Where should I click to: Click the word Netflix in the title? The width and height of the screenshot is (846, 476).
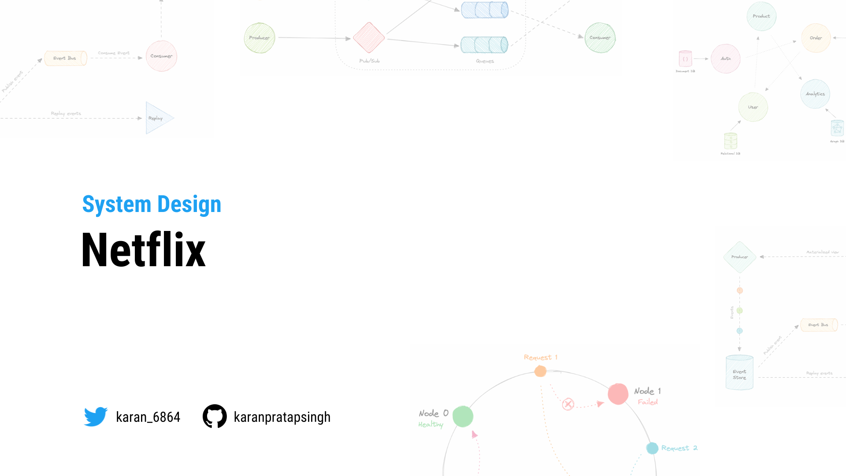[x=144, y=250]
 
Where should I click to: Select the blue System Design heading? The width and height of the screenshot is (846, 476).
[x=152, y=205]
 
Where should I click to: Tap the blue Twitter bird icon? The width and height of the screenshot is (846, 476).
[x=96, y=416]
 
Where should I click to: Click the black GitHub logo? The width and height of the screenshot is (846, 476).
[x=215, y=416]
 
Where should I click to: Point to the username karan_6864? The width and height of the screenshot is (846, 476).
[x=148, y=417]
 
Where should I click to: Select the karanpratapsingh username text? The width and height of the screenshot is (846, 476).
[x=282, y=417]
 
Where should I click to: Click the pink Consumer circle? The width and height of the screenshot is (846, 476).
[x=161, y=56]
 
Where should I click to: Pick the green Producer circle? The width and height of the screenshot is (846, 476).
[x=260, y=38]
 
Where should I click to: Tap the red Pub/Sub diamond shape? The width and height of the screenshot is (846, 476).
[x=369, y=37]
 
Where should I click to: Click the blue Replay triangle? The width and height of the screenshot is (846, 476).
[x=158, y=118]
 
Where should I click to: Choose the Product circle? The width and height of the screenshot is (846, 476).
[x=761, y=16]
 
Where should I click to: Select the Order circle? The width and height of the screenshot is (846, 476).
[x=816, y=38]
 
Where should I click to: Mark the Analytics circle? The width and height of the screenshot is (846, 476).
[x=815, y=94]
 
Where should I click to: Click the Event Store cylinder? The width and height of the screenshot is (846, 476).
[x=739, y=373]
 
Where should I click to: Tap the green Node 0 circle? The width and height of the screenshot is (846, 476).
[x=463, y=416]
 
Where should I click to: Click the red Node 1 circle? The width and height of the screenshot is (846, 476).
[x=618, y=394]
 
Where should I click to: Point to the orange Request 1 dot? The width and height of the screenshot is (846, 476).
[x=540, y=371]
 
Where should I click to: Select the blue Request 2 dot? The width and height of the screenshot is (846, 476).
[x=652, y=448]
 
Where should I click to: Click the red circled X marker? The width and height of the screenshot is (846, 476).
[x=568, y=404]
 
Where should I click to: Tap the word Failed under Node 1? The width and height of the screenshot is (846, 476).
[x=648, y=402]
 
